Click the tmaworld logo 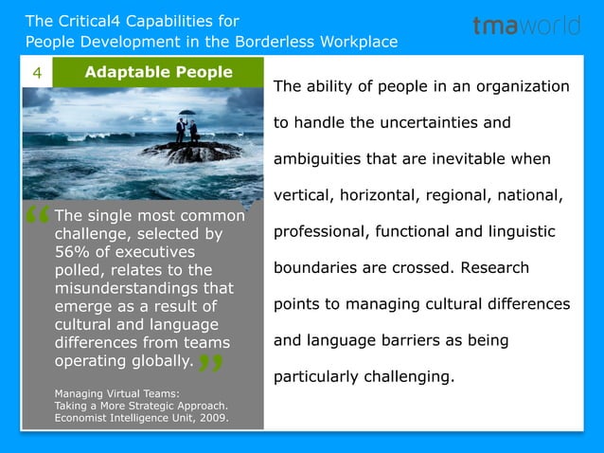click(x=526, y=27)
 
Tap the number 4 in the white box click(x=36, y=73)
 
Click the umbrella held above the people click(x=186, y=114)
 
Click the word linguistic click(x=522, y=231)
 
